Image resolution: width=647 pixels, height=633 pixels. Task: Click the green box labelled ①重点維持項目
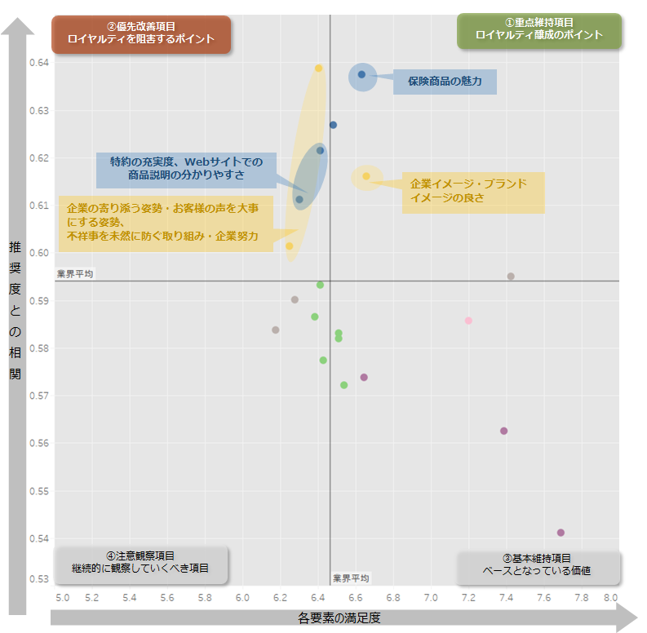[x=538, y=30]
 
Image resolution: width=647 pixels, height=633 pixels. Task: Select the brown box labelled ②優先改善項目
[x=141, y=33]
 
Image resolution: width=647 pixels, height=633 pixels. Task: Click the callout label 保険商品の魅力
[x=445, y=82]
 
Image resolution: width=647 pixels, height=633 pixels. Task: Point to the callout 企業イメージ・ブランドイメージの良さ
[x=472, y=192]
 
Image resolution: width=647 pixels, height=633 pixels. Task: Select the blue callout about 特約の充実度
[x=186, y=169]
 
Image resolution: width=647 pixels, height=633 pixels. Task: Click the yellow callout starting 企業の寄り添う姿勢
[x=167, y=223]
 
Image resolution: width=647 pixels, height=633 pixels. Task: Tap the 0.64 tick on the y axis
[x=41, y=62]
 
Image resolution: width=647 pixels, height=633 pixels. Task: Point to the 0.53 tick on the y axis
[x=41, y=579]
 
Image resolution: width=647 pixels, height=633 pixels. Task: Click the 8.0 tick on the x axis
[x=610, y=598]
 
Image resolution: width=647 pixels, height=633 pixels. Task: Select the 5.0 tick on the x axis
[x=62, y=598]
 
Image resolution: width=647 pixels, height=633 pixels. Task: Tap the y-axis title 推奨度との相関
[x=16, y=310]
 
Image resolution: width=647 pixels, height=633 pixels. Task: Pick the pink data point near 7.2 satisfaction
[x=468, y=321]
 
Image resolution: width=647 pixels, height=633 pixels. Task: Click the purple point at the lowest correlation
[x=561, y=533]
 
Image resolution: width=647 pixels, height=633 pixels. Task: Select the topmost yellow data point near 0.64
[x=319, y=69]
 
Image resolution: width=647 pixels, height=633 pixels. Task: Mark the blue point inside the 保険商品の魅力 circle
[x=362, y=75]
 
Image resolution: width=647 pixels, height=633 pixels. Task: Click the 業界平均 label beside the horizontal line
[x=75, y=274]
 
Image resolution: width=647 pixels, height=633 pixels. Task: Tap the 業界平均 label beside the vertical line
[x=351, y=578]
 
